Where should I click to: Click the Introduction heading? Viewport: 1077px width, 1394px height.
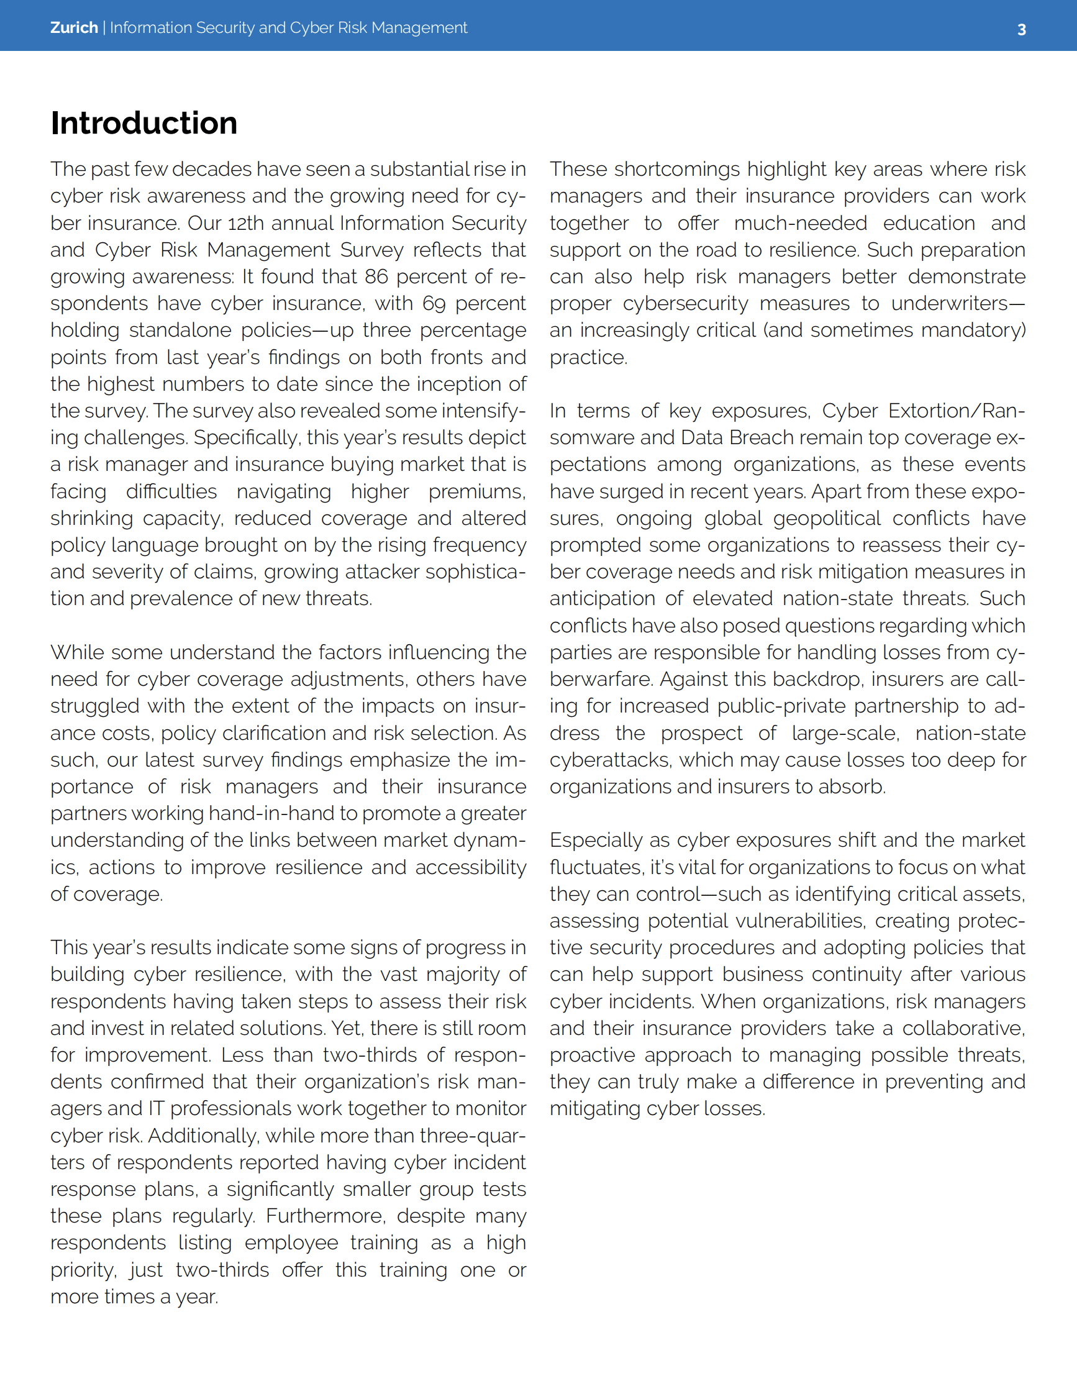click(x=143, y=122)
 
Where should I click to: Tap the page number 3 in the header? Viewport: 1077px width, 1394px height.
click(x=1021, y=29)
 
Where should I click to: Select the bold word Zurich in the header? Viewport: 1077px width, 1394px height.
click(x=74, y=27)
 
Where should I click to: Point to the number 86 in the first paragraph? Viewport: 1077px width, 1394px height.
click(x=376, y=276)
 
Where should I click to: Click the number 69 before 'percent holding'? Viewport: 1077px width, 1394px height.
click(x=434, y=303)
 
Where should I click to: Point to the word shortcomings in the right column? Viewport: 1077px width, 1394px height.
click(x=677, y=169)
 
